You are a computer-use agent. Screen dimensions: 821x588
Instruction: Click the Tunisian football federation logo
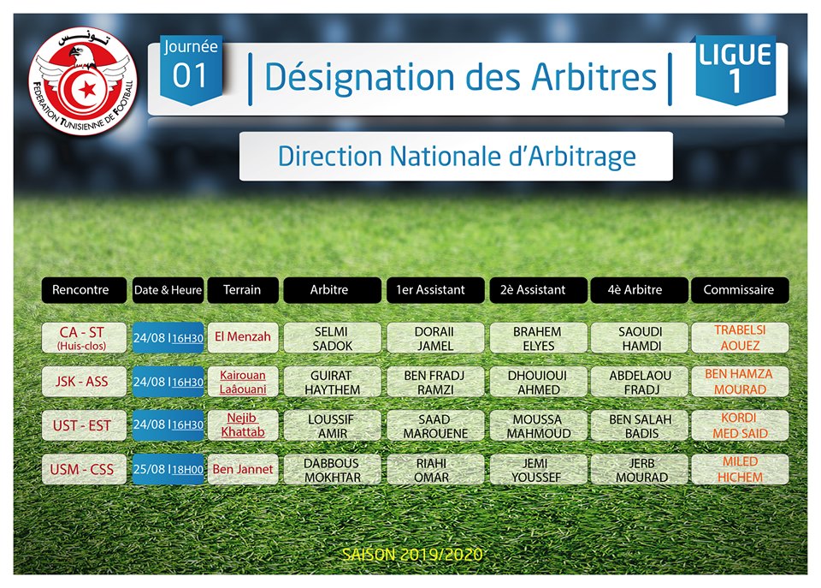coord(83,80)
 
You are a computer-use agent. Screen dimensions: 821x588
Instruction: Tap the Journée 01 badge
coord(191,68)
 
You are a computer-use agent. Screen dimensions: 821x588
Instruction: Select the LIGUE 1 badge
coord(735,69)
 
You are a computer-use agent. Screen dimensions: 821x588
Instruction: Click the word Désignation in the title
coord(359,78)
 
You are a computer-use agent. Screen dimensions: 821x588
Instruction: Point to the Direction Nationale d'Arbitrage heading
coord(456,156)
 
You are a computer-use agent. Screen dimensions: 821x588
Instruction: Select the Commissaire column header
coord(739,290)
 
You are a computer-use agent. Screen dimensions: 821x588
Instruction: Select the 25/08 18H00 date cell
coord(168,469)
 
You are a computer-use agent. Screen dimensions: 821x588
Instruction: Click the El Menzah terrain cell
coord(243,337)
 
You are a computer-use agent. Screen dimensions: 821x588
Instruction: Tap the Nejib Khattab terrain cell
coord(243,425)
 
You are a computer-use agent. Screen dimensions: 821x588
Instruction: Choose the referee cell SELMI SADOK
coord(332,338)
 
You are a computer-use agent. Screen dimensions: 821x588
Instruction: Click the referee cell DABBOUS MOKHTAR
coord(332,470)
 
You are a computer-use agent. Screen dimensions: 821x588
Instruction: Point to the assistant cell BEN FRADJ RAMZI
coord(435,382)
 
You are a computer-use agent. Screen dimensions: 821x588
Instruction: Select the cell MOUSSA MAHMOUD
coord(538,426)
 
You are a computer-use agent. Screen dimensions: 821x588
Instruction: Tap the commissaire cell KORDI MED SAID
coord(739,425)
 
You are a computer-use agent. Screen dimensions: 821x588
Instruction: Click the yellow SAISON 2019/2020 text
coord(412,555)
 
